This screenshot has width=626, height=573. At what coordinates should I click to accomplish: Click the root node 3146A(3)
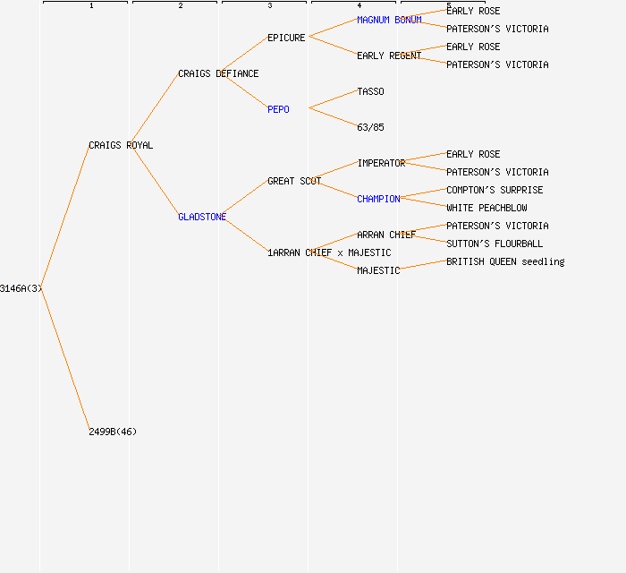click(x=21, y=288)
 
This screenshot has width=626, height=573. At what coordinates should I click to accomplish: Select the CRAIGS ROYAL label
click(x=121, y=145)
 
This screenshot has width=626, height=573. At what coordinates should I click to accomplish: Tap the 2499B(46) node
click(x=113, y=432)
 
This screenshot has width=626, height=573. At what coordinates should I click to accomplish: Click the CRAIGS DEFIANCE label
click(x=218, y=73)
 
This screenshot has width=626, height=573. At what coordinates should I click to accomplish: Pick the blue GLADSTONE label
click(x=202, y=217)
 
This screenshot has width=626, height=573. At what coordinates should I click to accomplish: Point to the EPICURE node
click(x=286, y=38)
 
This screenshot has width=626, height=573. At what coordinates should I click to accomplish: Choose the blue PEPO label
click(x=278, y=109)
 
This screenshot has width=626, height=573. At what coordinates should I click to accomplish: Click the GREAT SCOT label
click(x=294, y=181)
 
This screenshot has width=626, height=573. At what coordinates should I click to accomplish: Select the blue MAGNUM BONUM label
click(x=389, y=20)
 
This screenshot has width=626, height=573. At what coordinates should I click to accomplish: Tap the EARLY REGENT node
click(x=389, y=56)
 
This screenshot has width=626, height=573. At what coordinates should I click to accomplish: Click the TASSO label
click(x=370, y=91)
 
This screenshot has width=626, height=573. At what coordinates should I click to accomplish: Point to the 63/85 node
click(x=370, y=127)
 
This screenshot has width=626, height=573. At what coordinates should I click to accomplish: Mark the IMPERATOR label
click(x=381, y=163)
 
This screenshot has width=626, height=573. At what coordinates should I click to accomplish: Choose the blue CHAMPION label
click(x=378, y=199)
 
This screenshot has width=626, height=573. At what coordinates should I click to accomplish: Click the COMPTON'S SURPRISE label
click(x=495, y=190)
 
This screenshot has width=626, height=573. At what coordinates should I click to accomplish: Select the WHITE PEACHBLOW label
click(x=486, y=208)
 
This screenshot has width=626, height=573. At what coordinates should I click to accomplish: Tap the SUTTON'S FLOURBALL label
click(x=495, y=244)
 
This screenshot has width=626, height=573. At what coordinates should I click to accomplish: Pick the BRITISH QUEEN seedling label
click(x=505, y=261)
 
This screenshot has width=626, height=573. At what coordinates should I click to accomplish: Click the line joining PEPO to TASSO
click(x=333, y=100)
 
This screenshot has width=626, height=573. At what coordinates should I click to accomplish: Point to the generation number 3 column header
click(x=269, y=6)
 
